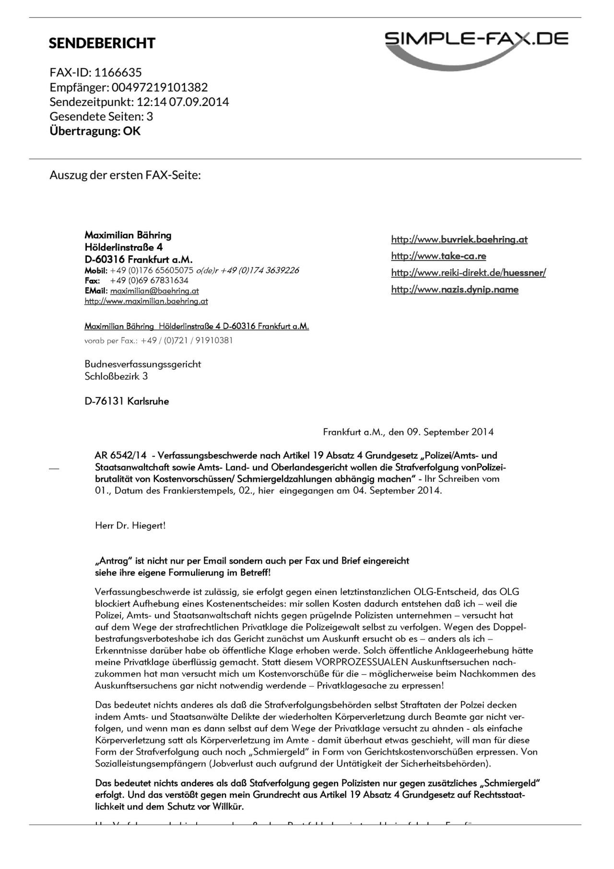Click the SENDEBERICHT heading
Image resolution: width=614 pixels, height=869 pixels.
click(x=102, y=43)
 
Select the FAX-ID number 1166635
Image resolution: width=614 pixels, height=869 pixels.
click(x=118, y=72)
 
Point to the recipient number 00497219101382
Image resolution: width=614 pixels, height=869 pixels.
click(x=160, y=87)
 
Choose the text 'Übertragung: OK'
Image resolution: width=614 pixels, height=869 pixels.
click(x=95, y=131)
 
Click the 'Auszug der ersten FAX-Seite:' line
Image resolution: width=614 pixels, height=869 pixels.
click(x=125, y=175)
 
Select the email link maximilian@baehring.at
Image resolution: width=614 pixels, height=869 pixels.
click(x=154, y=291)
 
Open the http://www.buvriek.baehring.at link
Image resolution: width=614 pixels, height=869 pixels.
click(x=459, y=239)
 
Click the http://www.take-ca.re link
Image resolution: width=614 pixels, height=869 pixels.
click(x=438, y=256)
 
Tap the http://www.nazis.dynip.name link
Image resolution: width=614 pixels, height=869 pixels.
click(x=455, y=289)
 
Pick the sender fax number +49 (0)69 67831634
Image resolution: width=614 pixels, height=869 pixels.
click(x=149, y=280)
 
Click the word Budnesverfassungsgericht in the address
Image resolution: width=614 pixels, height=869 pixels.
click(x=142, y=364)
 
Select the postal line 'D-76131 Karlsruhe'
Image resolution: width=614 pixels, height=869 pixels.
click(x=127, y=401)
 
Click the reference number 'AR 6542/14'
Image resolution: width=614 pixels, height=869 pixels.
click(x=120, y=455)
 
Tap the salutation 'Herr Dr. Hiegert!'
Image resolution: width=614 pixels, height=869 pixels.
click(x=130, y=525)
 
